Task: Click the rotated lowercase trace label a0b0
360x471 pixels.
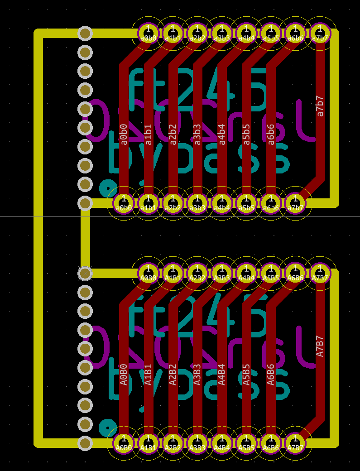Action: (124, 134)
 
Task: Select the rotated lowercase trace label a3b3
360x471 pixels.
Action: (197, 134)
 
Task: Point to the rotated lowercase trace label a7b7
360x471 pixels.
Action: (320, 106)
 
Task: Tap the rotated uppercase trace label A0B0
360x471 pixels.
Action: (124, 374)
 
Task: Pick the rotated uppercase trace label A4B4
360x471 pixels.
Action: (222, 374)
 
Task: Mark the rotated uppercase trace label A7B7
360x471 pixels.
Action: (320, 346)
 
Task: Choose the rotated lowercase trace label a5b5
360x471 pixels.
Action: (246, 134)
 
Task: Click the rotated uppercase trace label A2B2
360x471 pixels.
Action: (173, 374)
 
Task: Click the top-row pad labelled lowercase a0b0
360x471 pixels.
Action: (148, 33)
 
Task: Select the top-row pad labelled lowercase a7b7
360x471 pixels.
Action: (320, 33)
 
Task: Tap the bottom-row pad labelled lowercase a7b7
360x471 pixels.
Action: (296, 202)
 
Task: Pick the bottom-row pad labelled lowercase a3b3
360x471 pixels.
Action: (197, 202)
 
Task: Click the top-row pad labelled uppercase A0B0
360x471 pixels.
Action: (148, 273)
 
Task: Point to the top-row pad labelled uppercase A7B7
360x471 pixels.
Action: (320, 273)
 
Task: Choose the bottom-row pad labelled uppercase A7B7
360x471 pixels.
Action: (296, 442)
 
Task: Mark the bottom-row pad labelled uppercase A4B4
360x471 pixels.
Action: (222, 442)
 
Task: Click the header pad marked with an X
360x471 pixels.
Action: (85, 273)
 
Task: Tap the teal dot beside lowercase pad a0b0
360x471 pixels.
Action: (107, 187)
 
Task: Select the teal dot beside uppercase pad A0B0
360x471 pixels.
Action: (107, 427)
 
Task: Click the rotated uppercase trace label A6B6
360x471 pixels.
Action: (271, 374)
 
